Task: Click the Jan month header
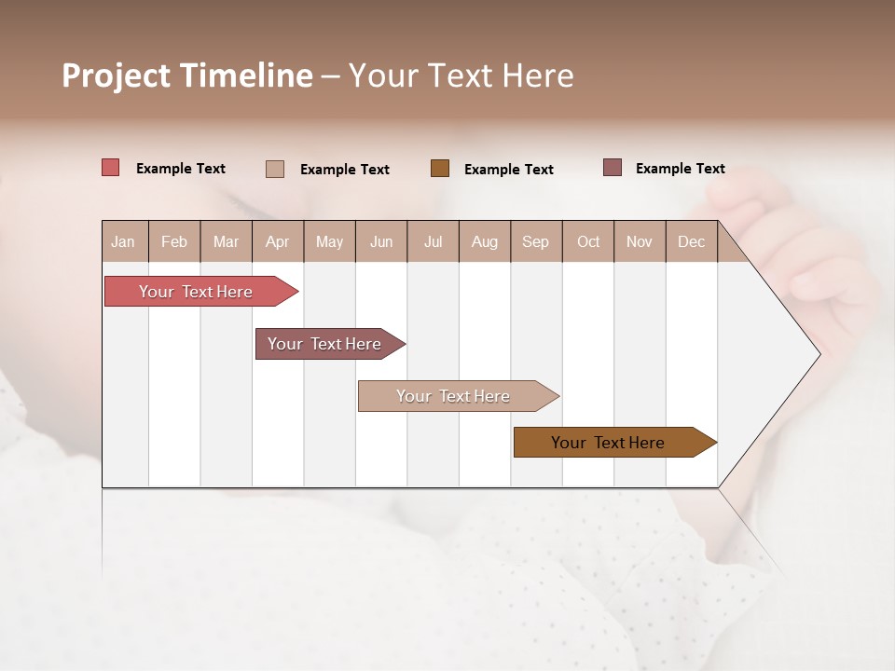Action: [123, 241]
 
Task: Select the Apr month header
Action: [277, 241]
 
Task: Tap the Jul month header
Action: [433, 241]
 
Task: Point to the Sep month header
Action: [535, 241]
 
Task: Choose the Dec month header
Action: [691, 241]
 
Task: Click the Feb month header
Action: [174, 241]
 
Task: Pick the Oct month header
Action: [588, 241]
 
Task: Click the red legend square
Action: [111, 168]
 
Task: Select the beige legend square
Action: [275, 169]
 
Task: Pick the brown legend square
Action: [440, 168]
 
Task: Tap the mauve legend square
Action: [613, 168]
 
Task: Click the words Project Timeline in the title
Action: [186, 75]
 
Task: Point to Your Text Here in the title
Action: [461, 75]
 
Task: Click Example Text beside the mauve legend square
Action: [680, 169]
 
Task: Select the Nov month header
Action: [640, 241]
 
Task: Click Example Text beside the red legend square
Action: [181, 169]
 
